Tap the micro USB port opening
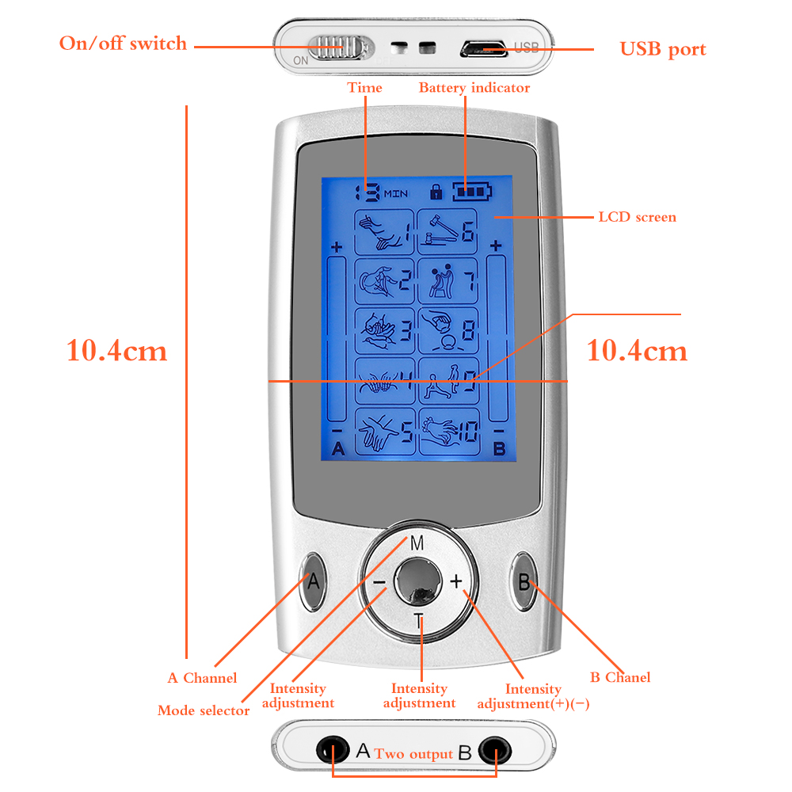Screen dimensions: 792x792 click(483, 49)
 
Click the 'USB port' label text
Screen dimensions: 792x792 click(663, 49)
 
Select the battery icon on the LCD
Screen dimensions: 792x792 click(472, 192)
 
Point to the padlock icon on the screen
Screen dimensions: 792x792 click(436, 192)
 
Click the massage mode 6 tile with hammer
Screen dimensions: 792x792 click(447, 232)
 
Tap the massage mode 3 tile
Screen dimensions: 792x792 click(384, 331)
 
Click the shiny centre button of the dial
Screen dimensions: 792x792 click(417, 581)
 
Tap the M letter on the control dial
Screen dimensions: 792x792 click(417, 543)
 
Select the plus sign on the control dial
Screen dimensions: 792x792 click(456, 581)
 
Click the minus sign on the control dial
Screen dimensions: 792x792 click(379, 582)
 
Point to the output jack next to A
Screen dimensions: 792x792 click(333, 749)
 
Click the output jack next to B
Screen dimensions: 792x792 click(494, 750)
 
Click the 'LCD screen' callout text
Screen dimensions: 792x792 click(637, 217)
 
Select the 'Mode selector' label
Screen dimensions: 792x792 click(204, 710)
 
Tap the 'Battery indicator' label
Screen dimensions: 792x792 click(474, 88)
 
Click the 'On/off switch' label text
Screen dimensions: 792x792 click(123, 44)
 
